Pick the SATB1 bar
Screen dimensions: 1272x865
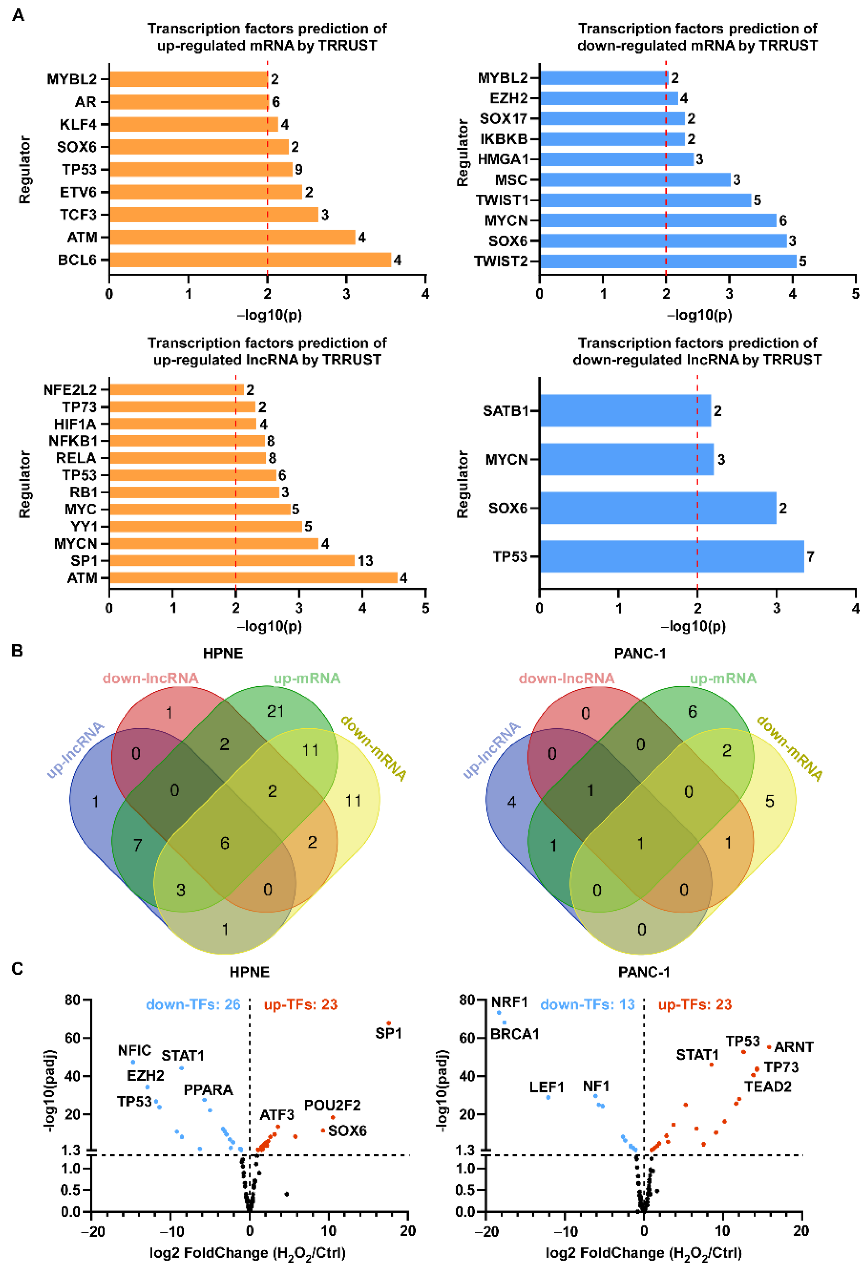(625, 410)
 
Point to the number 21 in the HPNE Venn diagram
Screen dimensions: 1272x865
(275, 711)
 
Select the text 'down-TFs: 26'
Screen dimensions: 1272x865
(193, 1005)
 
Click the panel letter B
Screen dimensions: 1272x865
(17, 651)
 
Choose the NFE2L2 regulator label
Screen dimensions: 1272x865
(70, 390)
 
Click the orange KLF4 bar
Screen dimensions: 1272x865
(193, 124)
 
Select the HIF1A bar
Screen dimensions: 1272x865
(182, 424)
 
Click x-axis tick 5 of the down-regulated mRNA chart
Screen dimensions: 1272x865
(854, 294)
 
